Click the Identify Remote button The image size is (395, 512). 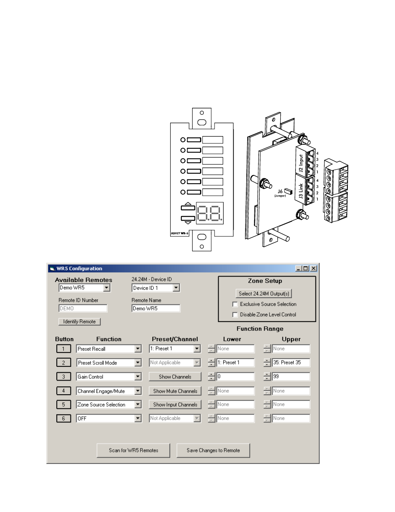pos(79,322)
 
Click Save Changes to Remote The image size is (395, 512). pos(213,451)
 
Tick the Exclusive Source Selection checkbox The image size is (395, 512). pos(235,304)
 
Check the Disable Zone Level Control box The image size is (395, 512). pos(235,315)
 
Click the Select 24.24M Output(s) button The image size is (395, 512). pos(264,294)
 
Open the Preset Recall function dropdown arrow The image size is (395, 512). pos(138,349)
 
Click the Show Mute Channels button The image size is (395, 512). pos(175,391)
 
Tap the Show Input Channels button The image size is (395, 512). pos(175,405)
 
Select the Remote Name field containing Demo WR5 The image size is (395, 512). pos(156,308)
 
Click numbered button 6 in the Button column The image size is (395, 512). pos(63,419)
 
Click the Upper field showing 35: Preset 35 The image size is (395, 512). pos(291,363)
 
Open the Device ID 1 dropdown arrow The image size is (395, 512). pos(176,288)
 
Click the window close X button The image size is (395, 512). pos(313,269)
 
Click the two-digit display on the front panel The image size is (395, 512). pos(210,213)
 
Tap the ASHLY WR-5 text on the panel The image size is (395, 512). pos(180,233)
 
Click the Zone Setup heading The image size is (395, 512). pos(265,281)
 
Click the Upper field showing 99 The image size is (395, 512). pos(291,377)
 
